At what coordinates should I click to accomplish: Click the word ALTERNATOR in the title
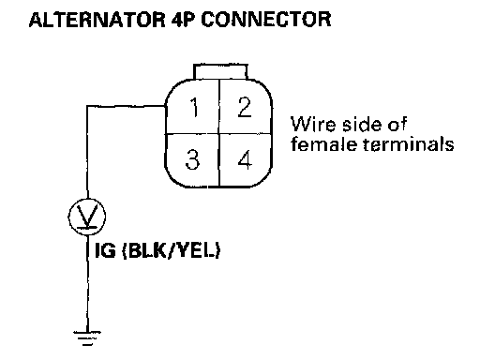coord(97,20)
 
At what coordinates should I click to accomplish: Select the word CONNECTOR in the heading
coord(266,20)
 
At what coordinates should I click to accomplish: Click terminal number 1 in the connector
coord(194,107)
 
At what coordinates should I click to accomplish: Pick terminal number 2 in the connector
coord(245,107)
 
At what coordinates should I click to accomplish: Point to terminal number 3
coord(192,159)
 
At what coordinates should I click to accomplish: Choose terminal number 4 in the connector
coord(245,159)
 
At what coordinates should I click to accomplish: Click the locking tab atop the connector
coord(220,71)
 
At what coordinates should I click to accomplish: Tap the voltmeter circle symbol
coord(87,217)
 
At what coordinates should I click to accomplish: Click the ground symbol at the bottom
coord(87,338)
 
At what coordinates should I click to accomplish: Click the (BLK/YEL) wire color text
coord(171,250)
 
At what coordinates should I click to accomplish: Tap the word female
coord(324,144)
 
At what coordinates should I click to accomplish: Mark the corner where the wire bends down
coord(87,106)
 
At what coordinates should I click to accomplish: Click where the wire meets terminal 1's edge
coord(165,106)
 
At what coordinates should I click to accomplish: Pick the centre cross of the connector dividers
coord(219,134)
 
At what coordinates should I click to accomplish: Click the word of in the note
coord(397,124)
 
